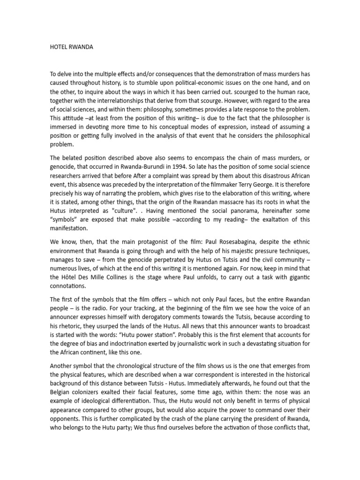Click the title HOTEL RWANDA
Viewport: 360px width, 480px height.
click(x=71, y=47)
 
